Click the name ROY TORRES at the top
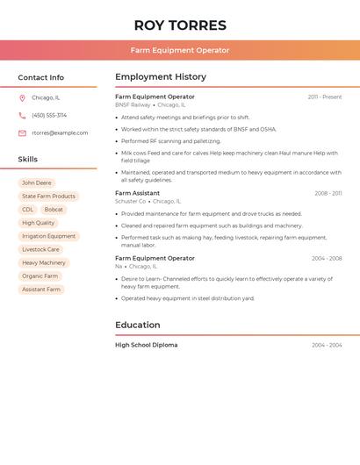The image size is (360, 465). pyautogui.click(x=180, y=25)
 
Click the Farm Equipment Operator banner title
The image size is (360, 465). pyautogui.click(x=180, y=50)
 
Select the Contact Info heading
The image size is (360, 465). pyautogui.click(x=41, y=77)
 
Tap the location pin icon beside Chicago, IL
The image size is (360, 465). pyautogui.click(x=22, y=98)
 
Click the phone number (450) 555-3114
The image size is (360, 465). pyautogui.click(x=49, y=115)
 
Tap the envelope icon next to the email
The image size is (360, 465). pyautogui.click(x=22, y=133)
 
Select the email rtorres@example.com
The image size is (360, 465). pyautogui.click(x=60, y=133)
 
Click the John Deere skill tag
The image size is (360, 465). pyautogui.click(x=37, y=183)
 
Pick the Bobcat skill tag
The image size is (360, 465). pyautogui.click(x=54, y=210)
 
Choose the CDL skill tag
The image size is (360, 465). pyautogui.click(x=28, y=210)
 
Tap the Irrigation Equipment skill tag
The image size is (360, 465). pyautogui.click(x=49, y=236)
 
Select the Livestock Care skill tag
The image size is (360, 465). pyautogui.click(x=41, y=249)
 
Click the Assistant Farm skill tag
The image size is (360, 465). pyautogui.click(x=41, y=289)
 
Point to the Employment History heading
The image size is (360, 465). pyautogui.click(x=161, y=77)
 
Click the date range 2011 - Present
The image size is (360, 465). pyautogui.click(x=324, y=97)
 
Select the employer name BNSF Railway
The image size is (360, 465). pyautogui.click(x=133, y=104)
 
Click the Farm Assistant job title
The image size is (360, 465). pyautogui.click(x=137, y=193)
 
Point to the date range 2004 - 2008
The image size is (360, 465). pyautogui.click(x=327, y=259)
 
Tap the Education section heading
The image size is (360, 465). pyautogui.click(x=138, y=325)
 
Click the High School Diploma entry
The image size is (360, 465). pyautogui.click(x=147, y=345)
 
